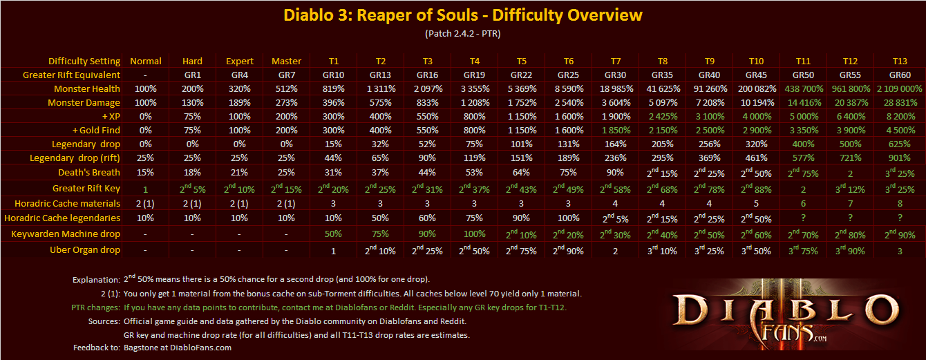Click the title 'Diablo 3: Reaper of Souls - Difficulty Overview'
[x=463, y=15]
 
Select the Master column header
[x=287, y=61]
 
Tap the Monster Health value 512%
[x=287, y=88]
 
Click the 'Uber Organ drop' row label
[x=85, y=249]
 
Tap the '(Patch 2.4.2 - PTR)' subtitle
[x=463, y=33]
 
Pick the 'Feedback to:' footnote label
[x=95, y=348]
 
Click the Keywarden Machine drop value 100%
[x=473, y=234]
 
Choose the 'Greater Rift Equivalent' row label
[x=71, y=75]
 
